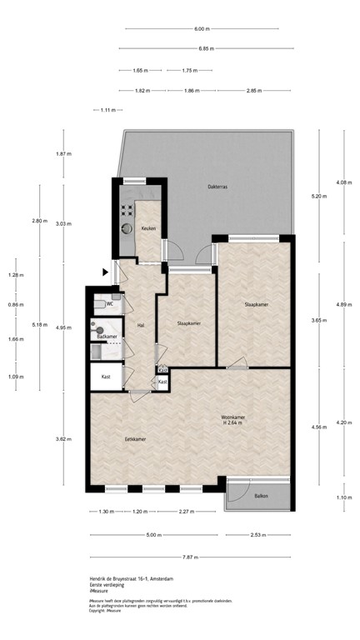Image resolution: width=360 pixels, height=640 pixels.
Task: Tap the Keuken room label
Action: point(147,228)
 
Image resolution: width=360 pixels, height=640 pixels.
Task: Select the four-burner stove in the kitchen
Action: point(127,210)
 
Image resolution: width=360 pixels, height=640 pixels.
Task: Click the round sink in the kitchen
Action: point(127,226)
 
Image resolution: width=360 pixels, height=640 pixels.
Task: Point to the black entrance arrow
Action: point(105,271)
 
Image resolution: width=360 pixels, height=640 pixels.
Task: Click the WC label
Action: point(109,304)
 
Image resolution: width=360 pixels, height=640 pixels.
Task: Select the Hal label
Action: point(141,325)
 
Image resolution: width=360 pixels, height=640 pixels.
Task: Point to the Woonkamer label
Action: point(232,416)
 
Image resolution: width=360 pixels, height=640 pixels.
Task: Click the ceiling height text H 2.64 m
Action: point(232,423)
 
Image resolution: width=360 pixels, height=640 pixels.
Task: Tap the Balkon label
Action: point(261,497)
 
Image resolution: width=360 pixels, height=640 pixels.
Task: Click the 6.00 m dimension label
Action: point(201,29)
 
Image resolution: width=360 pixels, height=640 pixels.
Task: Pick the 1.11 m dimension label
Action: point(107,110)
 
